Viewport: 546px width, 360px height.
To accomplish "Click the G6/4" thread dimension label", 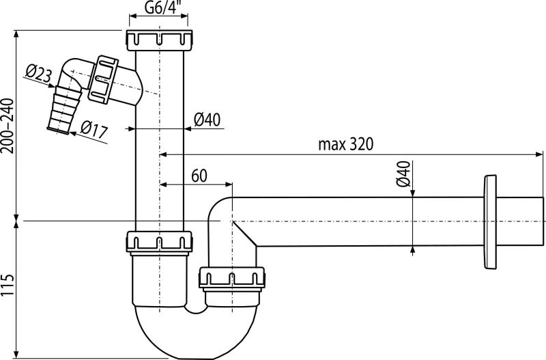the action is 160,8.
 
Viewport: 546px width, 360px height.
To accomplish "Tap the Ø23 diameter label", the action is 39,74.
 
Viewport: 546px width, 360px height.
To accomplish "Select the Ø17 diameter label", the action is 94,129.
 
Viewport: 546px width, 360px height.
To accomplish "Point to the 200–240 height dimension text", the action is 8,126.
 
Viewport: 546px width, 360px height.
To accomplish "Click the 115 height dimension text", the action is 8,285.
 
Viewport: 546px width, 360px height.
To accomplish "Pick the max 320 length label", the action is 345,144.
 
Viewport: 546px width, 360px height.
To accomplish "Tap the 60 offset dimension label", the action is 199,176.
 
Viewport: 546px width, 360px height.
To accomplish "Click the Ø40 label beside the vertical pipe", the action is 207,120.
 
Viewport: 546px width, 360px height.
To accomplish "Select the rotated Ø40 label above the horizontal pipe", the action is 403,174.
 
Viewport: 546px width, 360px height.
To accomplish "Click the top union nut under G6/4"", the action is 160,40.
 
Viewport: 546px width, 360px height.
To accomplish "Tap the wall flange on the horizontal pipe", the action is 489,222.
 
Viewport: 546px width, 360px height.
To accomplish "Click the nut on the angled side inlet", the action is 103,79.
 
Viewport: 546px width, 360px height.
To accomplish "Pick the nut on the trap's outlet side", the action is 232,279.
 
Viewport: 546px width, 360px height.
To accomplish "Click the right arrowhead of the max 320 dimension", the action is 539,154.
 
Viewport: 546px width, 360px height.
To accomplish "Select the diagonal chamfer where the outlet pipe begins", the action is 245,234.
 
